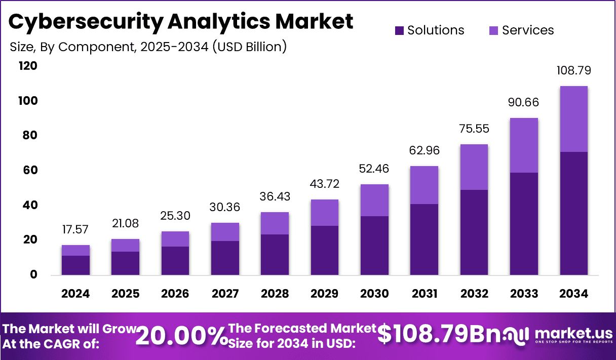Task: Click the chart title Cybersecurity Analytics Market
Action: point(181,22)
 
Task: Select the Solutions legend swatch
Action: point(400,30)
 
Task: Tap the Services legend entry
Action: point(522,30)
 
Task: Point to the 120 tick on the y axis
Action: point(28,66)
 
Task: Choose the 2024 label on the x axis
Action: point(75,294)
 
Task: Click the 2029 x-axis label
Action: point(324,294)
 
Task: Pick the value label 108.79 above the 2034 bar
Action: point(574,70)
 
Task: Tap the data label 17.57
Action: point(75,229)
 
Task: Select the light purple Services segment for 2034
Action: point(574,119)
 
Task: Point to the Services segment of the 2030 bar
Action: point(374,201)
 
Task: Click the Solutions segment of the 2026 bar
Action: point(175,261)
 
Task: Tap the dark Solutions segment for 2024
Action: point(75,265)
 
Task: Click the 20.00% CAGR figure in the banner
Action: point(182,336)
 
